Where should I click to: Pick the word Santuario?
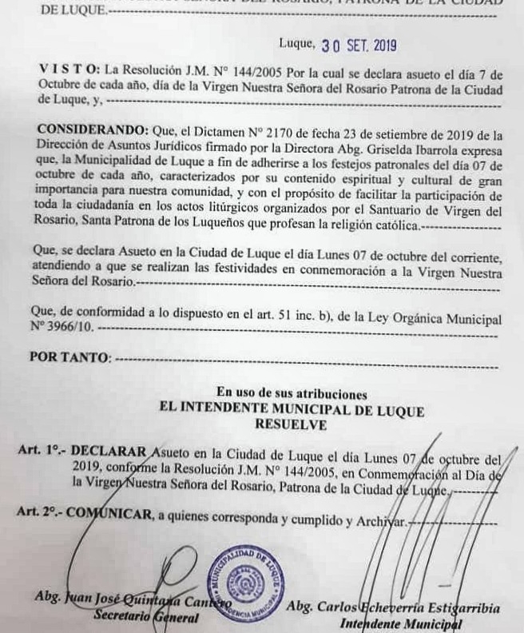pyautogui.click(x=425, y=212)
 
